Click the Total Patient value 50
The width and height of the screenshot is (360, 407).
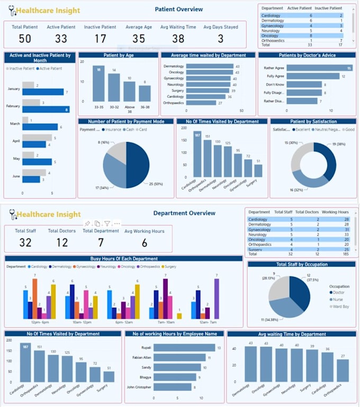(25, 38)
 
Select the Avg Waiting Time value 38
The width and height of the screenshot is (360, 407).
(178, 38)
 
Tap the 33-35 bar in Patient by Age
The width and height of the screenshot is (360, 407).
(98, 83)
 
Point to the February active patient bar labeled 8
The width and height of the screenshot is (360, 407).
(46, 110)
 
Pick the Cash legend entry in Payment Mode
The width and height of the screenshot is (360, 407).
(129, 129)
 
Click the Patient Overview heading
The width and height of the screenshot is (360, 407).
(178, 9)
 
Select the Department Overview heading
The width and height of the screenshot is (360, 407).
(184, 213)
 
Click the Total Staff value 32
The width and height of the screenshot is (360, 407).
(25, 243)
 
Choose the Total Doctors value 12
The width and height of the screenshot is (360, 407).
(62, 243)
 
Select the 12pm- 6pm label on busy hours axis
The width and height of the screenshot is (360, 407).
(39, 322)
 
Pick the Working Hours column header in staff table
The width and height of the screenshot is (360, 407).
(335, 212)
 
